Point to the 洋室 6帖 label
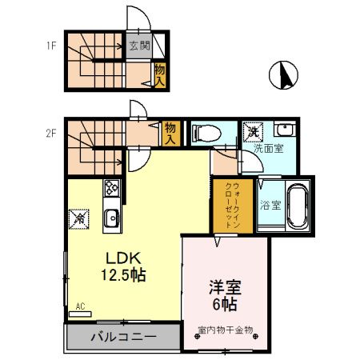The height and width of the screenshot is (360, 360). coord(226,295)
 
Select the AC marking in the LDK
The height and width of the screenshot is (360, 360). coord(80,305)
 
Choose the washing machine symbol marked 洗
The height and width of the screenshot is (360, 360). coord(254,130)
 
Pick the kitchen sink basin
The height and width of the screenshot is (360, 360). coord(111,217)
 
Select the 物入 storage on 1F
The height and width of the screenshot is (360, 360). coord(159,77)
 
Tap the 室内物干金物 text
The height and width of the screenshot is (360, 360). coord(226,329)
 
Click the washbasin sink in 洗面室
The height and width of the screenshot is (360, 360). coord(284,130)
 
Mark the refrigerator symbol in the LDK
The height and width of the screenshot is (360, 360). coord(81,217)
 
